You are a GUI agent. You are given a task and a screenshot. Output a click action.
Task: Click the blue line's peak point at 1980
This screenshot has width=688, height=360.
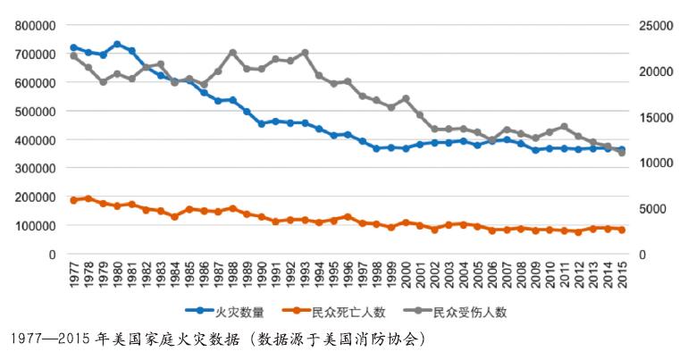point(117,44)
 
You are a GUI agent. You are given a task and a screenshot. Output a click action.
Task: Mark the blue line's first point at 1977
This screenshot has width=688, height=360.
point(73,47)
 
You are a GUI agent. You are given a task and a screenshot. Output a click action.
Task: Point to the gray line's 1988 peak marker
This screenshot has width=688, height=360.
point(232,52)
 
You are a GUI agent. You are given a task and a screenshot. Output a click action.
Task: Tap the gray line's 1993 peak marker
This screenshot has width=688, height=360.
point(305,52)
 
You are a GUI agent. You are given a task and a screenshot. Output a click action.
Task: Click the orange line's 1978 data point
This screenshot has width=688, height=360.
point(88,198)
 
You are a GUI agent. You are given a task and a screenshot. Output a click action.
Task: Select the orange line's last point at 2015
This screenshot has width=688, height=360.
point(622,230)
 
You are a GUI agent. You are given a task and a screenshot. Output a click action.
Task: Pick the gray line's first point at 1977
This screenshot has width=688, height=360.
point(73,55)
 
